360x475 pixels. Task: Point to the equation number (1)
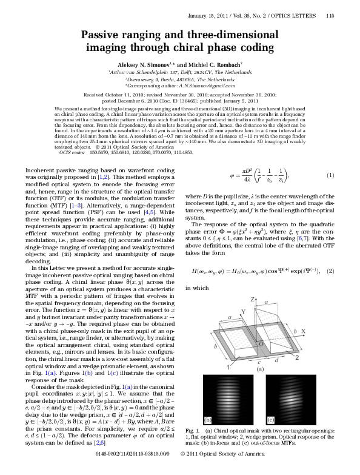tap(330, 175)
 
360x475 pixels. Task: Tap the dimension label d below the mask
tap(277, 360)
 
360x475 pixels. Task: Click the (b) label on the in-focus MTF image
tap(208, 420)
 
